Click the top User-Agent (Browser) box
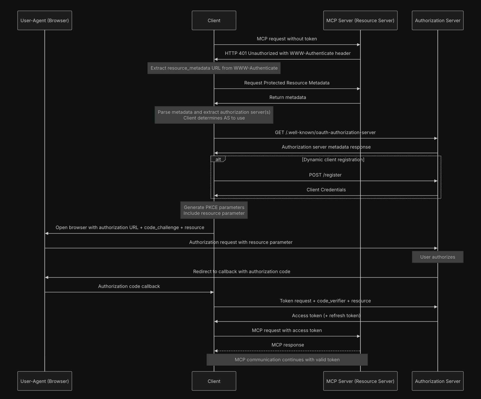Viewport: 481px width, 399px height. (45, 20)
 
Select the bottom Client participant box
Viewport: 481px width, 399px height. (214, 381)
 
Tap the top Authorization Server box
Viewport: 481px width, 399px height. (437, 20)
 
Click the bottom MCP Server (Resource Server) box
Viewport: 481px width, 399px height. (360, 381)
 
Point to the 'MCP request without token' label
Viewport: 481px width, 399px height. (287, 39)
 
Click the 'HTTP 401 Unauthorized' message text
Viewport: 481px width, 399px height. (287, 53)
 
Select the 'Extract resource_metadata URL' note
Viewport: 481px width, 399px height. (214, 68)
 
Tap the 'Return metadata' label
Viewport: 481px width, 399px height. (287, 97)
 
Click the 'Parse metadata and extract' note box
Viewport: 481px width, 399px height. (214, 115)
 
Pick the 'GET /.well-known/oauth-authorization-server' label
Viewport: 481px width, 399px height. (325, 132)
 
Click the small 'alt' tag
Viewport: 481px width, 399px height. (218, 159)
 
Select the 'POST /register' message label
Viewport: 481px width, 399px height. (325, 175)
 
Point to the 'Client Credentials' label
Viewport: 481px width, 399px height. (326, 190)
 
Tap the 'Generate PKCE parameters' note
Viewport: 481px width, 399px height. (214, 210)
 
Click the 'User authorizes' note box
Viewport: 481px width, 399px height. (437, 257)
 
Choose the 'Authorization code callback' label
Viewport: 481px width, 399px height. (129, 286)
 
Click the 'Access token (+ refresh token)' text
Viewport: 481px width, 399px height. (326, 316)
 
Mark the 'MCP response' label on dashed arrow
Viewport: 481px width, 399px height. (287, 345)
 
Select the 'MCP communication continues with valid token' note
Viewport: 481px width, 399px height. (287, 360)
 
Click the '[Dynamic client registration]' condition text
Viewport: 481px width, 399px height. (333, 160)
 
